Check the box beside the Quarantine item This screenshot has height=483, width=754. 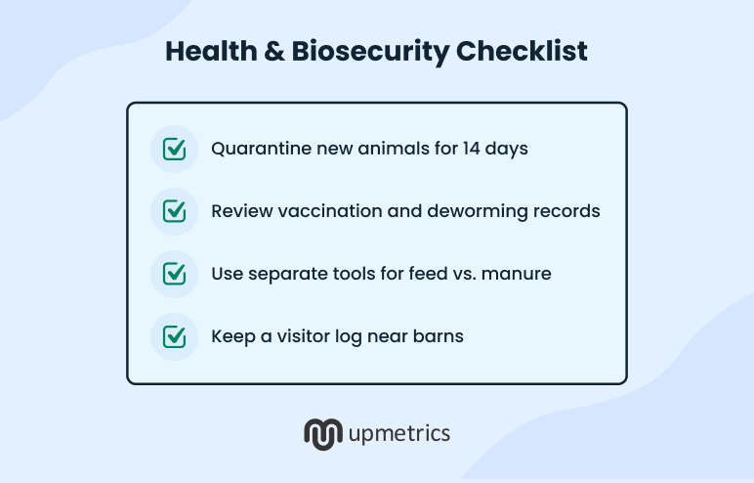(x=174, y=149)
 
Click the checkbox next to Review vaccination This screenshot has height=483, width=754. (x=174, y=211)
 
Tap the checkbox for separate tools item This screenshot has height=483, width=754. (x=174, y=274)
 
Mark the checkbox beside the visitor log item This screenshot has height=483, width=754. (x=174, y=336)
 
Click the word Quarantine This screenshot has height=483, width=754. (x=258, y=150)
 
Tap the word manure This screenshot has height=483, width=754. (x=519, y=274)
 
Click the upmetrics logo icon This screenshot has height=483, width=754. (x=321, y=432)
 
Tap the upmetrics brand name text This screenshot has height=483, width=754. (x=399, y=432)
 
